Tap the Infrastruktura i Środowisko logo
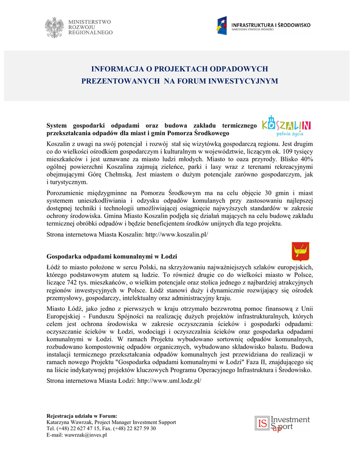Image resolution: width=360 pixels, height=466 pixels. tap(262, 25)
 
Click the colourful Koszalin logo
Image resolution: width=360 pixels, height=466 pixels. tap(287, 125)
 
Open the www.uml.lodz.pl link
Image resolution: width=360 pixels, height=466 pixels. tap(169, 380)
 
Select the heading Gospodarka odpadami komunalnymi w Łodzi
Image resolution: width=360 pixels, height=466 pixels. tap(112, 257)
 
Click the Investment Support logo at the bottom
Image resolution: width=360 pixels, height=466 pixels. tap(282, 424)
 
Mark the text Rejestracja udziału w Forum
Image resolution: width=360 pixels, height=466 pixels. tap(82, 416)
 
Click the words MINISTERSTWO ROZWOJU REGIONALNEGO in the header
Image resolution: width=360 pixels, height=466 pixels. tap(90, 27)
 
